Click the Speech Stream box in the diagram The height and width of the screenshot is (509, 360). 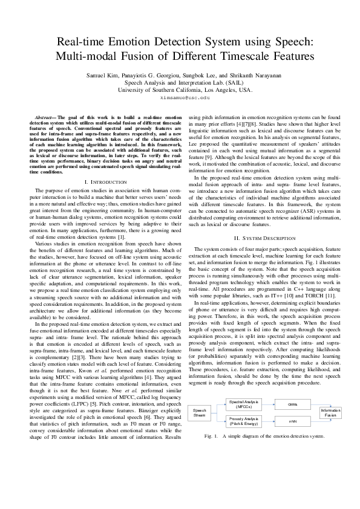(x=200, y=413)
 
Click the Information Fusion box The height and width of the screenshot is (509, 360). (x=330, y=413)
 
